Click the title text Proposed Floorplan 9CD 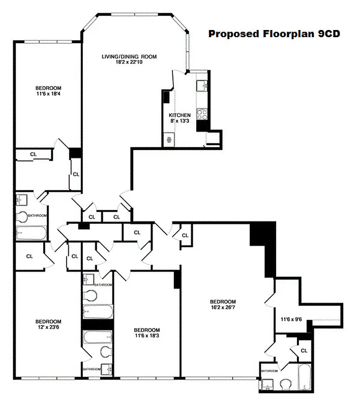[274, 34]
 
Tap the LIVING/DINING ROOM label [129, 56]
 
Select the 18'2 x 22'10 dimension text [129, 63]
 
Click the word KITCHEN [180, 115]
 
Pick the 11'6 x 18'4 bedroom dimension [48, 94]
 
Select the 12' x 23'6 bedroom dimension [48, 328]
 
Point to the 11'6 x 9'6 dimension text [291, 319]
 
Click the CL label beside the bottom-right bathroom [304, 351]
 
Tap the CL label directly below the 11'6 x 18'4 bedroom [33, 154]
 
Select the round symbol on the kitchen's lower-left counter [168, 139]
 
